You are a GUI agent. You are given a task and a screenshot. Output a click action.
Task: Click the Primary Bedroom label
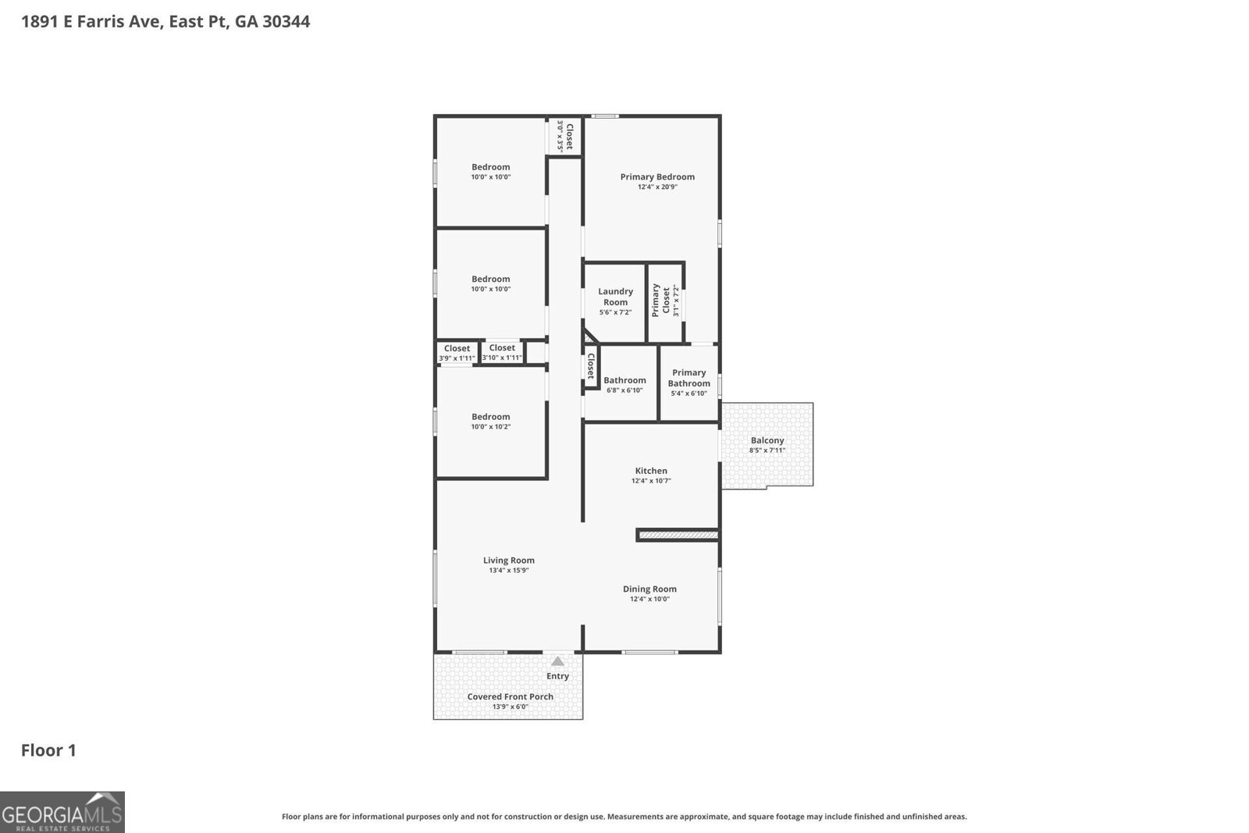(x=657, y=177)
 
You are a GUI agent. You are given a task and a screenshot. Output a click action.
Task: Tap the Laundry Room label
(x=615, y=297)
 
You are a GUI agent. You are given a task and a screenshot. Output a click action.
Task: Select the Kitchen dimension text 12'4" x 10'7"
(x=651, y=481)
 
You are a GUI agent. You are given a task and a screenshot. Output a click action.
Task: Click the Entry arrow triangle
(x=557, y=661)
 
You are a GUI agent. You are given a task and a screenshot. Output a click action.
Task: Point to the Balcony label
(x=767, y=440)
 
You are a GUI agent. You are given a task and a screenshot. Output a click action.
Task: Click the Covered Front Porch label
(x=510, y=696)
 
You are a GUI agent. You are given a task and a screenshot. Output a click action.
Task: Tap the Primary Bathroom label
(x=689, y=378)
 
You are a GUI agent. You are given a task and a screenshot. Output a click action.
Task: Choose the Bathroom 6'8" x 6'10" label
(x=624, y=380)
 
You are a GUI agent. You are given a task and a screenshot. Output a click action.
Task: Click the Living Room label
(x=508, y=560)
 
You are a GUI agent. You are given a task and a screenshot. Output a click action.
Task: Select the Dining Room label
(x=649, y=589)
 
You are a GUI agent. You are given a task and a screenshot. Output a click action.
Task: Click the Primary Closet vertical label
(x=660, y=300)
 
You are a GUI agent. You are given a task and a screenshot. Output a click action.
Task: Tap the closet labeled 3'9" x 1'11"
(x=457, y=353)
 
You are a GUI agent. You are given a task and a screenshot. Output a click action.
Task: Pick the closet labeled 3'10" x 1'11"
(x=502, y=352)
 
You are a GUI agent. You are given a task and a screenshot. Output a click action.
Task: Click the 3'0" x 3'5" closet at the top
(x=564, y=136)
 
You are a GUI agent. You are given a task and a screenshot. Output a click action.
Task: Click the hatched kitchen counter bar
(x=678, y=535)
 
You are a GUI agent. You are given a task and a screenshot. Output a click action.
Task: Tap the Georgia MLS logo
(x=62, y=813)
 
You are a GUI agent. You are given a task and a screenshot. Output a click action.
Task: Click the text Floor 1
(x=48, y=750)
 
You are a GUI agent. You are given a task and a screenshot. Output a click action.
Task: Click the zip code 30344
(x=286, y=22)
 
